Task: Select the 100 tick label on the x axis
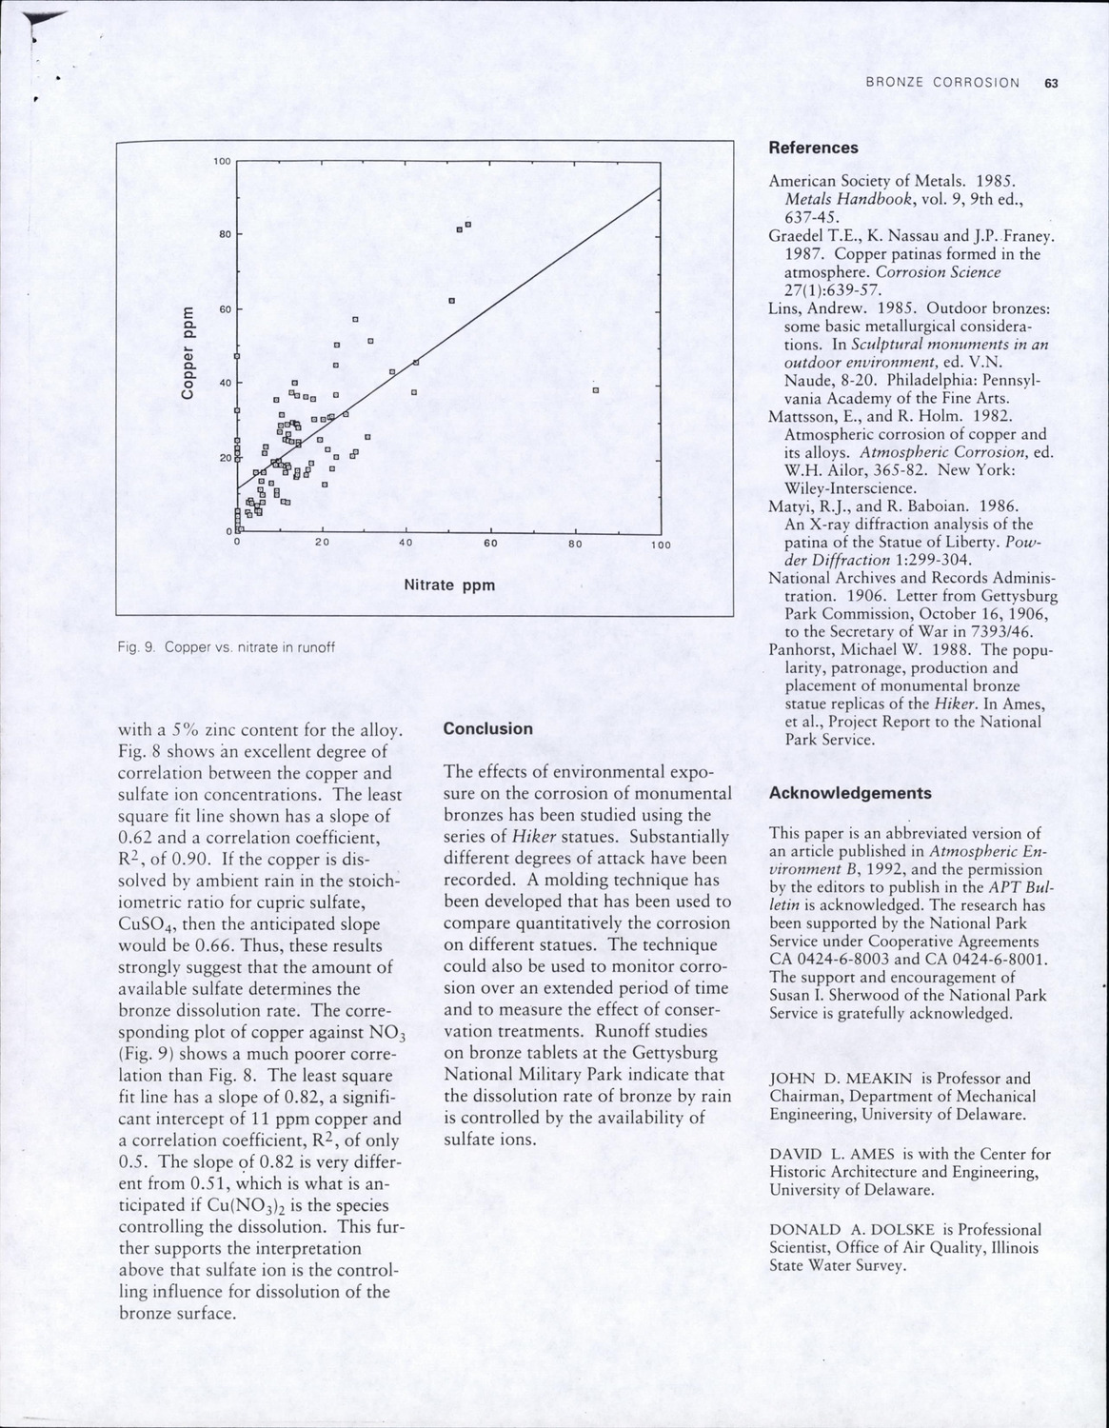[x=660, y=545]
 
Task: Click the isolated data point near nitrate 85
[x=595, y=389]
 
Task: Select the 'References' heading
[x=813, y=148]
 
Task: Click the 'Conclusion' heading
[x=488, y=728]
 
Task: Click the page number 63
[x=1051, y=83]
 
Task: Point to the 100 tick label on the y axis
[x=221, y=162]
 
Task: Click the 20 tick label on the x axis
[x=322, y=544]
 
